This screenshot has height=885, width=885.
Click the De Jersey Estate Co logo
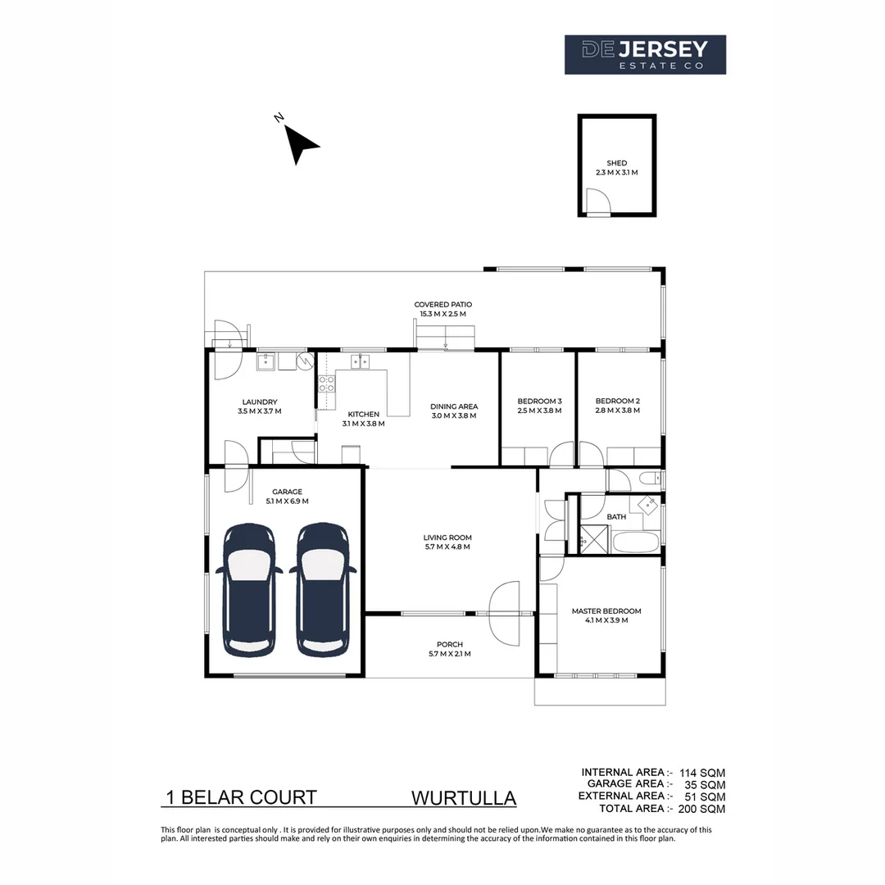click(645, 55)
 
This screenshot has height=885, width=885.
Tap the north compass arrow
click(302, 146)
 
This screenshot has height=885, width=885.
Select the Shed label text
click(616, 163)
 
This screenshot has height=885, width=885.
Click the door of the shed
click(597, 202)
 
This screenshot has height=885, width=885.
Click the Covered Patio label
click(442, 304)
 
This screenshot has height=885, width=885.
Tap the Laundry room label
click(259, 402)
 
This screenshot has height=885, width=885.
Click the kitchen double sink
click(360, 361)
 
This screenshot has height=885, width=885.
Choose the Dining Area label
click(454, 406)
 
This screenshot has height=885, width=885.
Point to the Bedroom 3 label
click(539, 401)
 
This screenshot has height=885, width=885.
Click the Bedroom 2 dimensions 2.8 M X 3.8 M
click(618, 411)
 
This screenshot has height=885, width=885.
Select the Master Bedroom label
click(606, 610)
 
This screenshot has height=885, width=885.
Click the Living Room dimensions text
click(447, 547)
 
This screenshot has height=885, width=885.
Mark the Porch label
click(449, 644)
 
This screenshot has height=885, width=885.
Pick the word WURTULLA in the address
click(463, 798)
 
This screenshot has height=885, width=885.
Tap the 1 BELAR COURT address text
click(241, 797)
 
